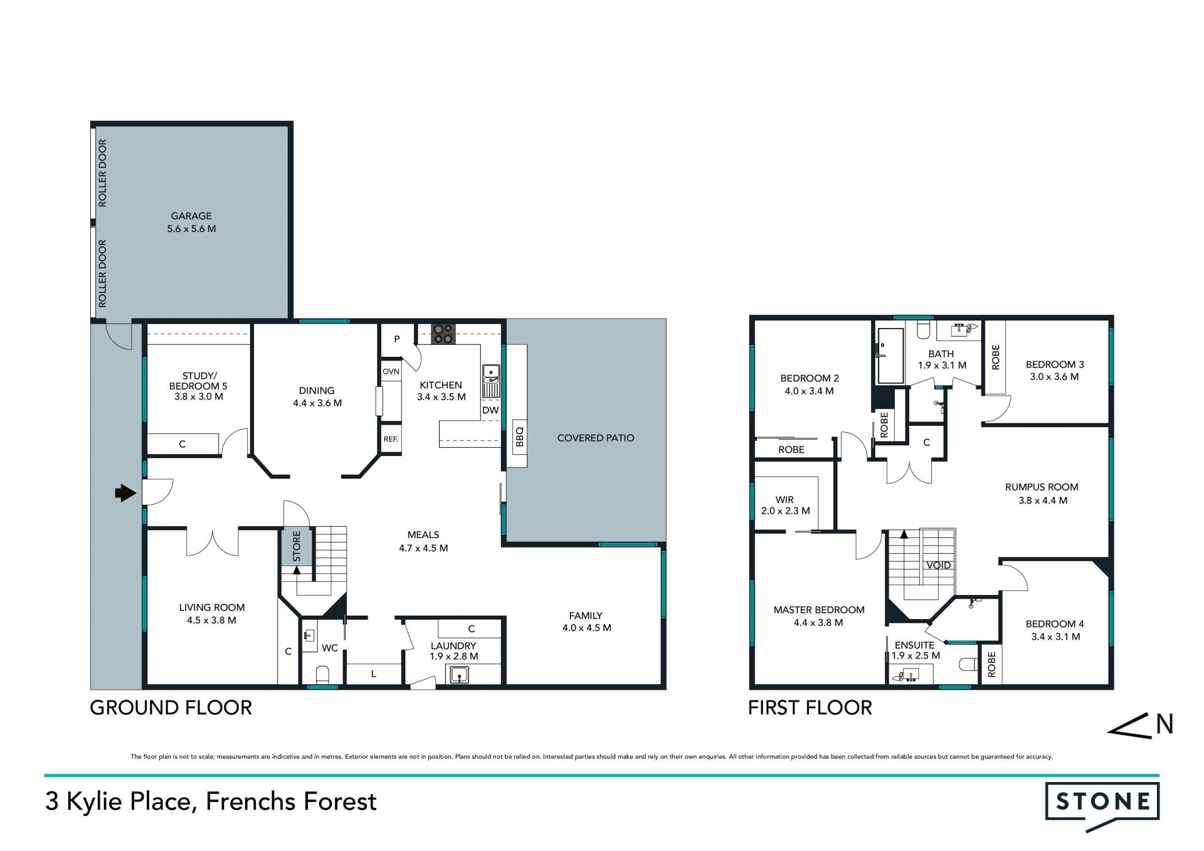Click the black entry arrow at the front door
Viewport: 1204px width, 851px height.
click(125, 494)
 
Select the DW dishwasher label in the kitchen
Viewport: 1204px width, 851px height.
click(490, 410)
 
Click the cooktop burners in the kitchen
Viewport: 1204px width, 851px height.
click(443, 334)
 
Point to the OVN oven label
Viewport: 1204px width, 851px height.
click(391, 371)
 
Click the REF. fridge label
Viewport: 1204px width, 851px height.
click(391, 439)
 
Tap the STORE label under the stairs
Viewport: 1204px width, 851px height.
click(297, 546)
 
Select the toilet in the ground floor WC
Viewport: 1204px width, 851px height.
click(322, 675)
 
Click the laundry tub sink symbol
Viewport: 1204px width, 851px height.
click(460, 675)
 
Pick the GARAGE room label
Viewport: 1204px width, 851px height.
click(191, 216)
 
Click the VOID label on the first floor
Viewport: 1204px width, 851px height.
click(938, 565)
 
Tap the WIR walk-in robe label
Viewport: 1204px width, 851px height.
click(784, 500)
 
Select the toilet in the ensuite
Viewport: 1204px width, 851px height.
click(969, 664)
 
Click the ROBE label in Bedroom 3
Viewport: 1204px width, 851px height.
click(996, 357)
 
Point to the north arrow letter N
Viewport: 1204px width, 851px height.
click(1164, 724)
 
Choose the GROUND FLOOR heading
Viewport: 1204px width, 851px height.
click(171, 707)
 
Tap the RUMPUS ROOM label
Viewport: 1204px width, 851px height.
click(1042, 487)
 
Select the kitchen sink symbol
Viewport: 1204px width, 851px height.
click(490, 374)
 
